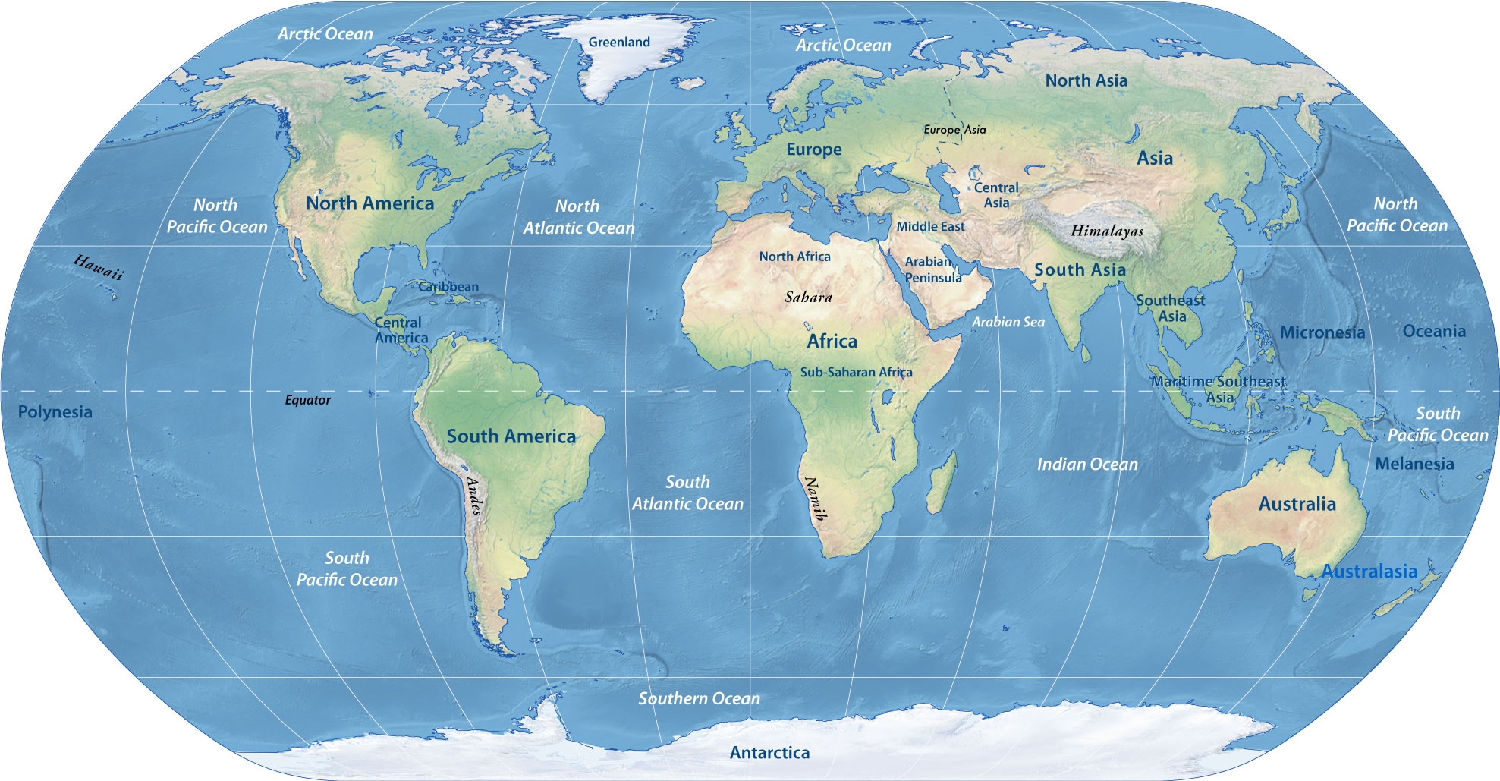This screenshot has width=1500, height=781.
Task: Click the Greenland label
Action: (619, 43)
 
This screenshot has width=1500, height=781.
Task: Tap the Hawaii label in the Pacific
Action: (98, 268)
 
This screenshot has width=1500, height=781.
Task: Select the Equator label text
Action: (307, 400)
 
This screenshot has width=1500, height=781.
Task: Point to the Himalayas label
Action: (1106, 231)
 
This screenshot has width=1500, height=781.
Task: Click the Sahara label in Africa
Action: (808, 297)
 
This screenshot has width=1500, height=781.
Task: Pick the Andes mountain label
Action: (474, 496)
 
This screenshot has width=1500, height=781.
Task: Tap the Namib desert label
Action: (815, 498)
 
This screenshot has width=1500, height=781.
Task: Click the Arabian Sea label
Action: (1008, 322)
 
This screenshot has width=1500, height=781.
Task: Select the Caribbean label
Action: (448, 287)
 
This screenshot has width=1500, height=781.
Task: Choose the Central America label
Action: (400, 330)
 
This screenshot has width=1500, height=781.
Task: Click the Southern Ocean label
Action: (699, 698)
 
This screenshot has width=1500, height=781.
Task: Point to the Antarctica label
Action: (769, 752)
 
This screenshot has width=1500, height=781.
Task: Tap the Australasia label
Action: (1369, 572)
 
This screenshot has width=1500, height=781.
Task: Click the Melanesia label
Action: (1414, 464)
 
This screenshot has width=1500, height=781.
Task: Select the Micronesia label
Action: (1322, 332)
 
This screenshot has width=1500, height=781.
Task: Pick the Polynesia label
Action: (55, 412)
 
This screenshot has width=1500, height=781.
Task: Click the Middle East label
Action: (930, 226)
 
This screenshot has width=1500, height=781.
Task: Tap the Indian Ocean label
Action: (1087, 465)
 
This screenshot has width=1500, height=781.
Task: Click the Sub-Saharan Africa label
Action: (856, 372)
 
